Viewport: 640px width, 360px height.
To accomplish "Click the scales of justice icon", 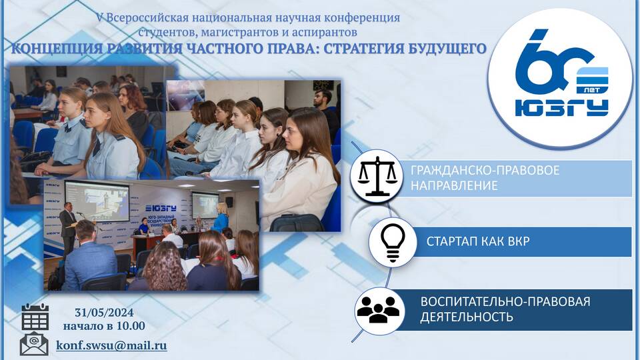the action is pyautogui.click(x=377, y=175).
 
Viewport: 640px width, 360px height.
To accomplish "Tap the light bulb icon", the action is pyautogui.click(x=393, y=242).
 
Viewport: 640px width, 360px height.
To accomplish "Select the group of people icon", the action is pyautogui.click(x=378, y=309).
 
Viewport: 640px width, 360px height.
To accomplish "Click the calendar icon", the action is pyautogui.click(x=35, y=317).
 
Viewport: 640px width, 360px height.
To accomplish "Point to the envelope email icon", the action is pyautogui.click(x=34, y=344).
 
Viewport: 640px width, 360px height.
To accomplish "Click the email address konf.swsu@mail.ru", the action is pyautogui.click(x=111, y=345).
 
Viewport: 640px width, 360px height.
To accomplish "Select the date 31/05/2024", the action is pyautogui.click(x=104, y=313).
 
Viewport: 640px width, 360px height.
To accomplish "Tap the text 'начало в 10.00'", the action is pyautogui.click(x=104, y=326).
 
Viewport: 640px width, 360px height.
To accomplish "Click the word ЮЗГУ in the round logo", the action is pyautogui.click(x=561, y=108).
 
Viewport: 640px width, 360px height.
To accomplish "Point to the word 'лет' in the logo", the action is pyautogui.click(x=592, y=89).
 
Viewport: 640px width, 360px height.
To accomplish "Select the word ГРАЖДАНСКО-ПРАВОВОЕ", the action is pyautogui.click(x=485, y=170).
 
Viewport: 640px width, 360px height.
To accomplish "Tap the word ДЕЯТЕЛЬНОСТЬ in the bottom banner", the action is pyautogui.click(x=467, y=317).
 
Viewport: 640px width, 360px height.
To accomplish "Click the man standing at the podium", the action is pyautogui.click(x=67, y=229).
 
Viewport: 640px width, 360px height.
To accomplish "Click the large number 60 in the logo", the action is pyautogui.click(x=552, y=61).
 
